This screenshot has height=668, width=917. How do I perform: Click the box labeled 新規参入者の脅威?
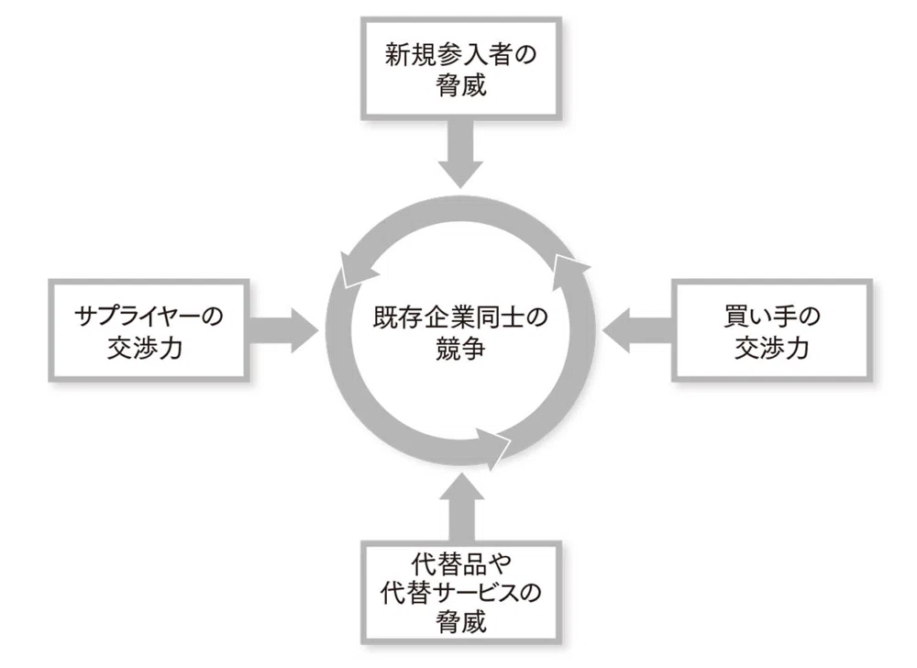pyautogui.click(x=461, y=69)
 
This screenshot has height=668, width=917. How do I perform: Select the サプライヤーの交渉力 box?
pyautogui.click(x=149, y=331)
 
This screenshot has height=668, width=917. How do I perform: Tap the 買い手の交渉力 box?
pyautogui.click(x=771, y=331)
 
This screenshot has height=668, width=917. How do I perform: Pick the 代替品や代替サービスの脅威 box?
pyautogui.click(x=461, y=593)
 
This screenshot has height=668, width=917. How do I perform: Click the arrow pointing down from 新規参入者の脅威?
pyautogui.click(x=461, y=154)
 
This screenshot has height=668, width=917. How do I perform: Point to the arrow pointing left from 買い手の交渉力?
pyautogui.click(x=637, y=331)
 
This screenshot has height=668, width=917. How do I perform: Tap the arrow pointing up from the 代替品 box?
pyautogui.click(x=461, y=507)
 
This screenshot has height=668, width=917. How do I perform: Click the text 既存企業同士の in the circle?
pyautogui.click(x=460, y=317)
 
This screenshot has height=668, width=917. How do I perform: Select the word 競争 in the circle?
pyautogui.click(x=460, y=350)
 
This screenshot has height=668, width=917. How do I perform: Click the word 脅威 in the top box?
pyautogui.click(x=461, y=85)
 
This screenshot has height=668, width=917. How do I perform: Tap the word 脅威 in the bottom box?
pyautogui.click(x=461, y=621)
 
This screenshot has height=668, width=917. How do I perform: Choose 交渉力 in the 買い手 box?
pyautogui.click(x=772, y=348)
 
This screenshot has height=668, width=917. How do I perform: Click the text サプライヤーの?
pyautogui.click(x=149, y=317)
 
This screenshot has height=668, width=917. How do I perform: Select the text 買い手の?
pyautogui.click(x=772, y=317)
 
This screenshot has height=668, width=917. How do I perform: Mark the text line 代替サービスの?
pyautogui.click(x=461, y=593)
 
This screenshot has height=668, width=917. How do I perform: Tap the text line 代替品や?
pyautogui.click(x=461, y=564)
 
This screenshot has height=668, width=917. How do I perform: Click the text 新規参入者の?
pyautogui.click(x=461, y=55)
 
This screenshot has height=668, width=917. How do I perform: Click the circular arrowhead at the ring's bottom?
pyautogui.click(x=494, y=448)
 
